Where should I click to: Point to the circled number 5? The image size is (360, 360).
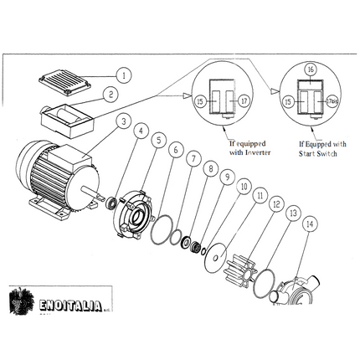(158, 141)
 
